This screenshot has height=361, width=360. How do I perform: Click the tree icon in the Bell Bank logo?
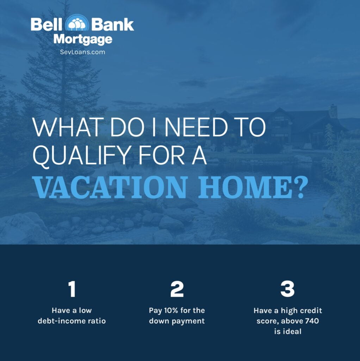pos(77,24)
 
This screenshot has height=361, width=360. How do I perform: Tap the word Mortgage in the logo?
pos(82,39)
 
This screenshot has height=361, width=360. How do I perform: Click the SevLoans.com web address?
pos(82,52)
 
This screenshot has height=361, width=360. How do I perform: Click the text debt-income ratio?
pos(72,321)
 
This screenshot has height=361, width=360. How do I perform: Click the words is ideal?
pos(287,331)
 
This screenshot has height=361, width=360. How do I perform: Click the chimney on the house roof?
pos(333,111)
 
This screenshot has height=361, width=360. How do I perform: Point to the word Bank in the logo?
pos(113,25)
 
